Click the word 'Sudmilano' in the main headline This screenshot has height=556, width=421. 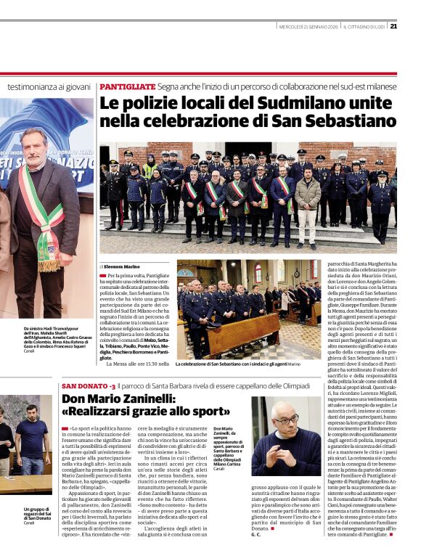pos(276,103)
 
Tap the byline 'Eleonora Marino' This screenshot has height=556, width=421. pos(126,266)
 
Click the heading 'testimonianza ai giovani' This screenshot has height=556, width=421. pos(48,87)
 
